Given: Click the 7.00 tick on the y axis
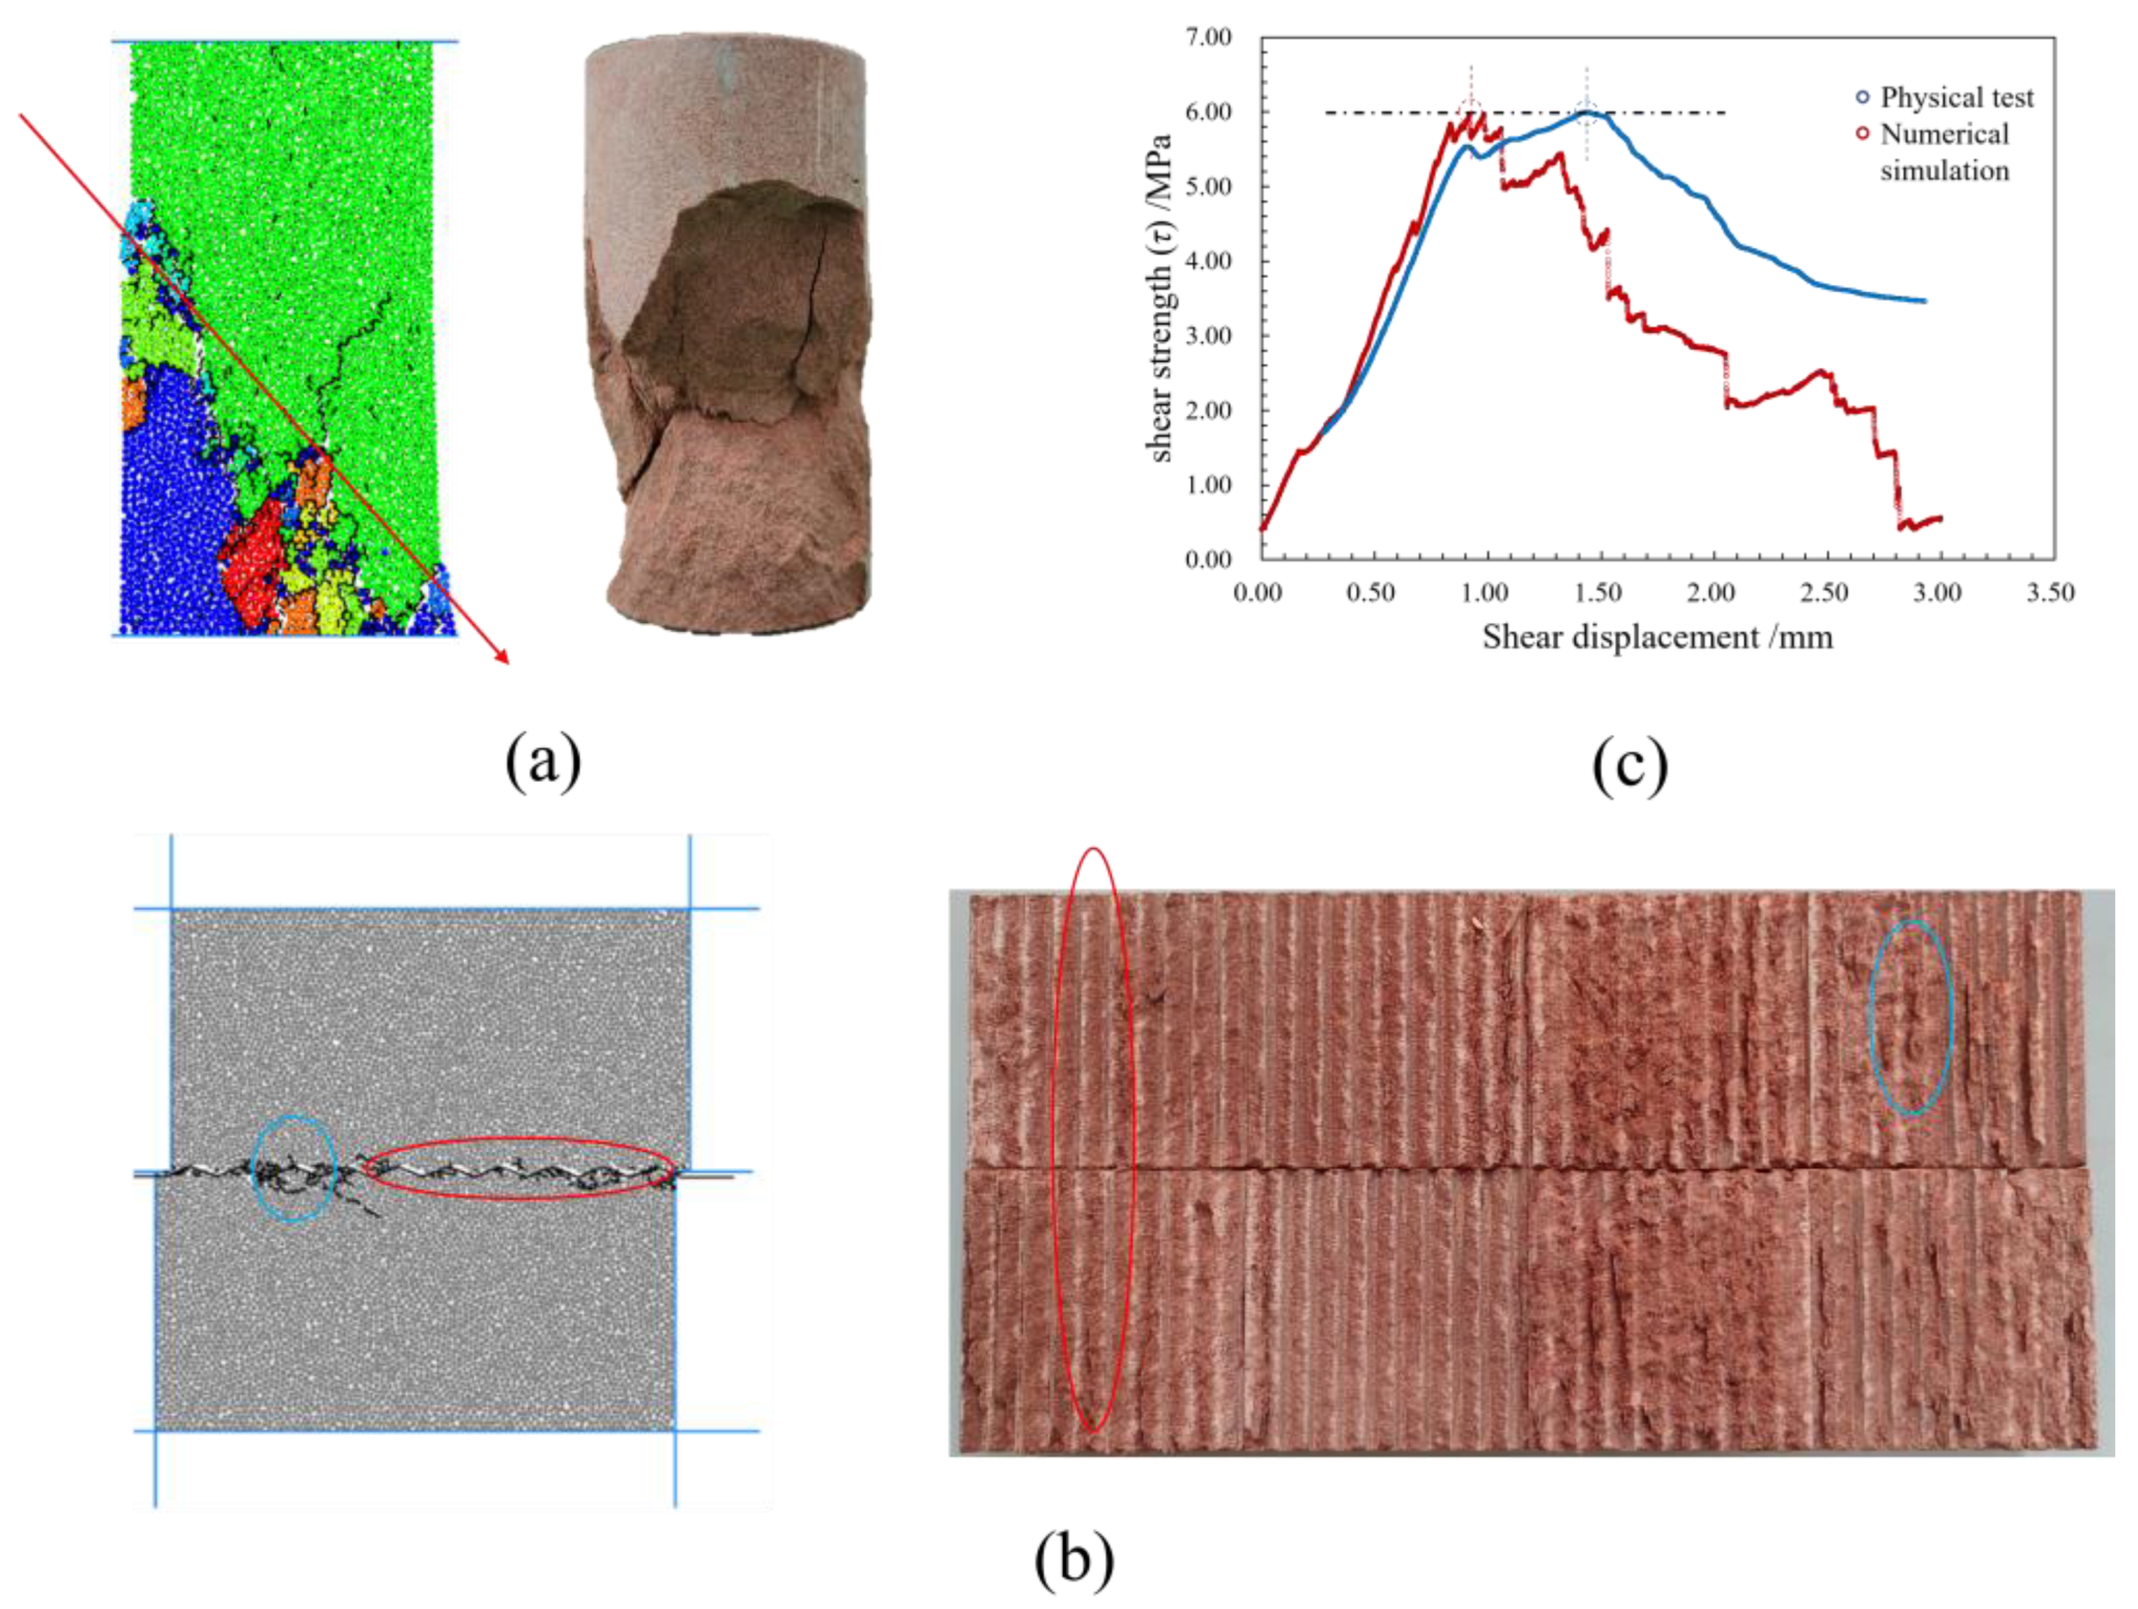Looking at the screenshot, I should coord(1209,37).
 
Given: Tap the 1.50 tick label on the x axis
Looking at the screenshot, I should coord(1598,593).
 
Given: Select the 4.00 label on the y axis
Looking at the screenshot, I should coord(1209,261).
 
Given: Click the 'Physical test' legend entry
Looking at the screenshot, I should coord(1956,98).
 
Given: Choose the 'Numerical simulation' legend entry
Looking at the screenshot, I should coord(1943,152).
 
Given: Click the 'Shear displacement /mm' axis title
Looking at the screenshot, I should coord(1657,638).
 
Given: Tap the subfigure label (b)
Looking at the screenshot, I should coord(1074,1560).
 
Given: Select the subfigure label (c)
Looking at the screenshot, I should coord(1629,765).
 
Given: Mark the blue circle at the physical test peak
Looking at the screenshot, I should coord(1586,112).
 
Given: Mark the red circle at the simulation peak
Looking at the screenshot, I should coord(1470,112).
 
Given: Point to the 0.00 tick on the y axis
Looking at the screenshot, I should coord(1209,560).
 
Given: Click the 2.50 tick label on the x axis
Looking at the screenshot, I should coord(1823,593).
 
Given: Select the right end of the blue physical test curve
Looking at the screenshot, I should coord(1923,301).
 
